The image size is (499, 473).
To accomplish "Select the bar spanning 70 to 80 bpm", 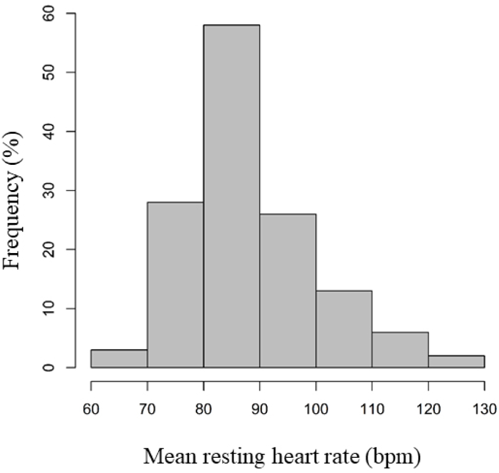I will pyautogui.click(x=175, y=284).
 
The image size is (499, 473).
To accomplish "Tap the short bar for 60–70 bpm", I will pyautogui.click(x=119, y=358).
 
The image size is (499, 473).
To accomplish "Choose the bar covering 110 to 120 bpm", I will pyautogui.click(x=400, y=349).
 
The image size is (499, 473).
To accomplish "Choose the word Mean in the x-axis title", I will pyautogui.click(x=169, y=456).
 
